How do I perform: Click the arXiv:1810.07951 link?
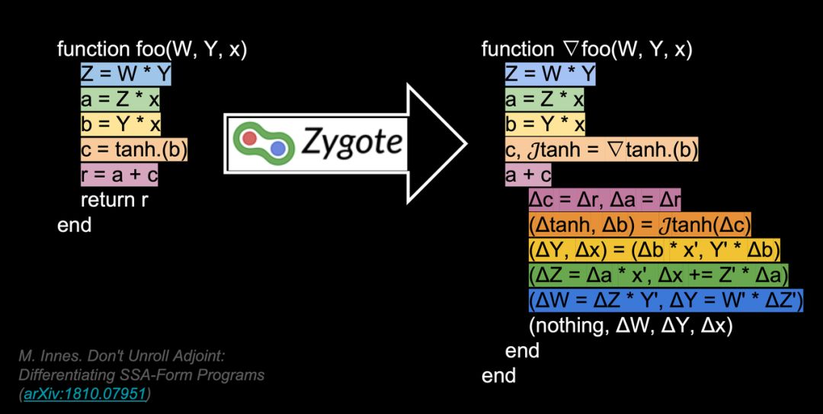coord(86,394)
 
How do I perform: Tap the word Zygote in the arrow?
coord(351,141)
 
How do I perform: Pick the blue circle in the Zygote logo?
coord(278,147)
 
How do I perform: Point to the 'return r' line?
coord(114,201)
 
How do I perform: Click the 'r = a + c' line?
coord(120,175)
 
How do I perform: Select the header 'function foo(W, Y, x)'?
coord(152,50)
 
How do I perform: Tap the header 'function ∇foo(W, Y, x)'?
coord(587,50)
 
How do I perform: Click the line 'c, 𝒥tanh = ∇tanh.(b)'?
coord(601,150)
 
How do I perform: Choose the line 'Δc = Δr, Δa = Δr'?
coord(604,201)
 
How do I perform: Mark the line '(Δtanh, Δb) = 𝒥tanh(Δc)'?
coord(640,226)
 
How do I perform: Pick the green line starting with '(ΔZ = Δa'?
coord(658,275)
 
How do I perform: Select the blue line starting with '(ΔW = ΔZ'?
coord(666,300)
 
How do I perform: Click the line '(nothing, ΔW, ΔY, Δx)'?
coord(630,326)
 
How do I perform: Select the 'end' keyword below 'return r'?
coord(74,226)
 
